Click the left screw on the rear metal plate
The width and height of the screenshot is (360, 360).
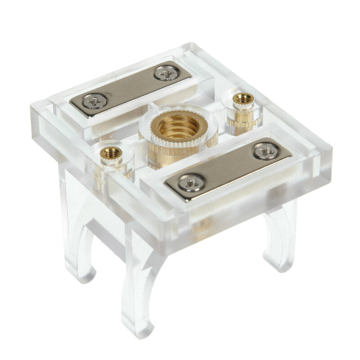[x=94, y=101]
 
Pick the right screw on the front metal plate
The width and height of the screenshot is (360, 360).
[x=267, y=151]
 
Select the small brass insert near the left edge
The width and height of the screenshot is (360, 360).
[x=110, y=157]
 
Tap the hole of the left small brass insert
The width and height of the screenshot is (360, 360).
[x=110, y=152]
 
